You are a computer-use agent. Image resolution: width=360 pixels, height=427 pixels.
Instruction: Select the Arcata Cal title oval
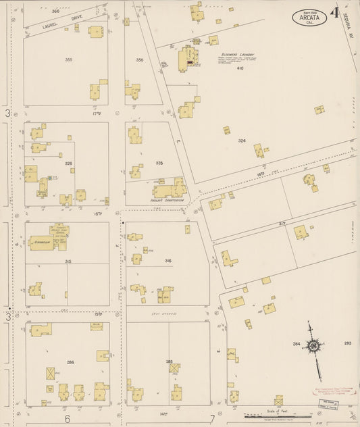pos(309,18)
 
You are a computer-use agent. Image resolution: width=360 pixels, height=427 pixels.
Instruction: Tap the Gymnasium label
pos(41,238)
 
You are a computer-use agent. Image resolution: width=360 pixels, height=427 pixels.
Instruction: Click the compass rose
pos(313,346)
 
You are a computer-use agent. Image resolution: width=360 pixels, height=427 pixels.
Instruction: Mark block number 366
pos(55,11)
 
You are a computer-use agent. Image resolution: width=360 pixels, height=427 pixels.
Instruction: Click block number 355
pos(68,60)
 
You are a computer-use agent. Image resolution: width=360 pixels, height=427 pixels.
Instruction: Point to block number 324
pos(242,141)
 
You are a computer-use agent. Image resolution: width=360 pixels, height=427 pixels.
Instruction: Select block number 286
pos(70,363)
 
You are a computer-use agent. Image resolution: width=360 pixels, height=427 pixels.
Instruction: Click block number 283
pos(347,343)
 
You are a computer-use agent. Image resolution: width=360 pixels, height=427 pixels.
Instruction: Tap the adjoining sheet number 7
pos(212,419)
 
